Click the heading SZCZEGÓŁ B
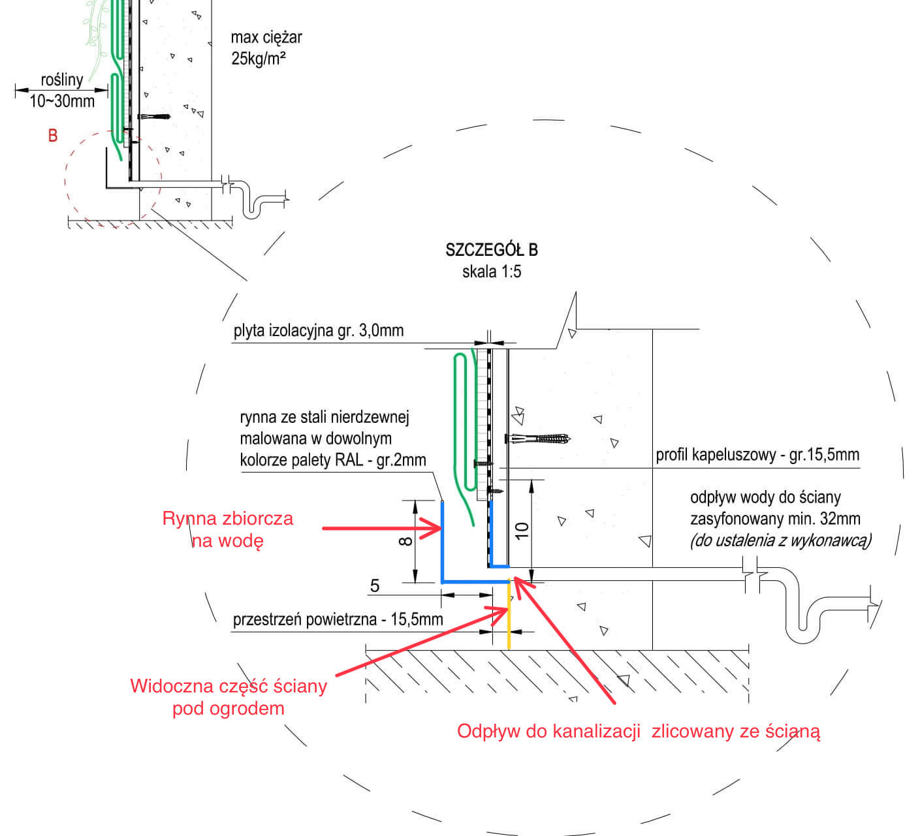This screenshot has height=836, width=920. coord(491,250)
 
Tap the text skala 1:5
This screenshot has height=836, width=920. coord(491,271)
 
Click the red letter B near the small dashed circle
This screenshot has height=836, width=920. coord(53,136)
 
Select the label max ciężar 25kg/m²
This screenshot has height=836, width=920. coord(266,48)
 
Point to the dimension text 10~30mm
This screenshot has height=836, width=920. coord(62,101)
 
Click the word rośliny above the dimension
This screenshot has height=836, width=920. coord(62,80)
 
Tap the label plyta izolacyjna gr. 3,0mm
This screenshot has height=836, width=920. coord(319,330)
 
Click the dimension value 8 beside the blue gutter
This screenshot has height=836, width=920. coord(405,540)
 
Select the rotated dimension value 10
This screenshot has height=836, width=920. coord(522,530)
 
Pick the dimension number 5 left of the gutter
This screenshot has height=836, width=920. coord(375,585)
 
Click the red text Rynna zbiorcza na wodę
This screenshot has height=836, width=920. coord(228,529)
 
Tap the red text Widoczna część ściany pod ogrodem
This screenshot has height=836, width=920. coord(229,697)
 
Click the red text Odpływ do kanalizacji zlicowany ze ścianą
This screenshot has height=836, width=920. coord(638,731)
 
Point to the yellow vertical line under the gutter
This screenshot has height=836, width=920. coord(509,617)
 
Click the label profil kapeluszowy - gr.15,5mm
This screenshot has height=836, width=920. coord(757,455)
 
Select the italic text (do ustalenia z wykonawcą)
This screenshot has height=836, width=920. coord(780,540)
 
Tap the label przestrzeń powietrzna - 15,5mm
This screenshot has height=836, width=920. coord(338,619)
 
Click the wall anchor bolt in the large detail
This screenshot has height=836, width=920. coord(539,439)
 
